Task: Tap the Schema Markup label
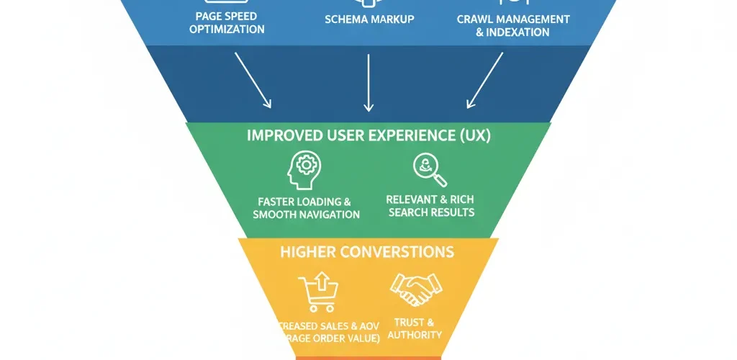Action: coord(369,19)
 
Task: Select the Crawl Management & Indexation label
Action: coord(513,25)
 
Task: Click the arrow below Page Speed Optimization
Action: coord(253,80)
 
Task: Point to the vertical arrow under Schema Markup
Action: coord(368,83)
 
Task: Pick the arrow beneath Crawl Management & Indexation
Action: coord(485,80)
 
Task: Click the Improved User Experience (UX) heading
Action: coord(368,135)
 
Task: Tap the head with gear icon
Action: coord(304,171)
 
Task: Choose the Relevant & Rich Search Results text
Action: coord(430,205)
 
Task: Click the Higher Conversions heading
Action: coord(368,252)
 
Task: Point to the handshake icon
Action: coord(416,290)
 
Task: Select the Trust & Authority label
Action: coord(414,329)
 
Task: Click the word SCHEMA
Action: coord(347,19)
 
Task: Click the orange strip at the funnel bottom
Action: coord(368,357)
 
